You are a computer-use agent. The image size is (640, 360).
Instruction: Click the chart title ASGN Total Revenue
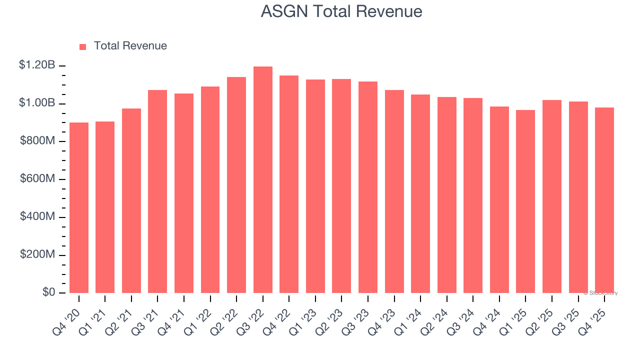point(341,11)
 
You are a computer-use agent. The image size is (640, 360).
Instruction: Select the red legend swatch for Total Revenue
point(82,46)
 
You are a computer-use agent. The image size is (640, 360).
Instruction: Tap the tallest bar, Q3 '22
point(262,180)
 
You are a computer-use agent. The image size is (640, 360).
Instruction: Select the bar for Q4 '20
point(79,207)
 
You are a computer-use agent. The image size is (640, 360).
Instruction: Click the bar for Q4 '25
point(604,200)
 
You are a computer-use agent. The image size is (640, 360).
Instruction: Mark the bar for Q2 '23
point(341,186)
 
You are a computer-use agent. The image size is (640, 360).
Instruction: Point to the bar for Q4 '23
point(394,191)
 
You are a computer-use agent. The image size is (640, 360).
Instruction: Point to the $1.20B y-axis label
point(37,65)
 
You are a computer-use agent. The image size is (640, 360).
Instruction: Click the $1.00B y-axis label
point(37,103)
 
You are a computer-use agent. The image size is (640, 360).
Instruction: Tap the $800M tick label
point(37,141)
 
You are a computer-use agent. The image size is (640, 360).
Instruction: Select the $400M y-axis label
point(37,216)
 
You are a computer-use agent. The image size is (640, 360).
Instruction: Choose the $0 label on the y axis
point(48,292)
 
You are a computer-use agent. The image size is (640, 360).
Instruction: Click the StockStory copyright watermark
point(600,293)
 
